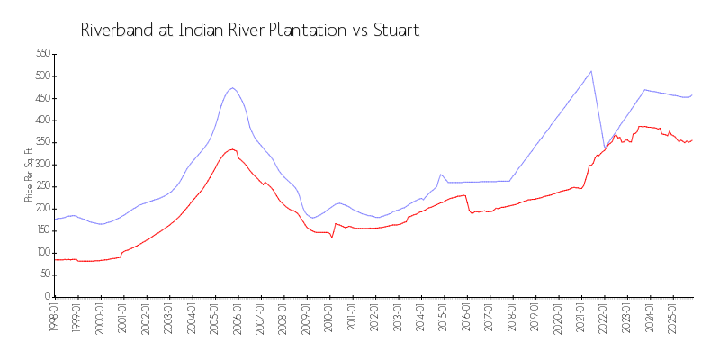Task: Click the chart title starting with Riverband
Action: point(250,30)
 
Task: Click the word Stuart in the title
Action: point(393,30)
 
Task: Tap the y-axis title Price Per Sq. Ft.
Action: point(28,175)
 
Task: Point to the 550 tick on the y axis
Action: point(40,54)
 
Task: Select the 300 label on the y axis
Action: point(40,165)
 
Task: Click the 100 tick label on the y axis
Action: point(40,253)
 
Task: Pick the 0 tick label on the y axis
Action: point(47,297)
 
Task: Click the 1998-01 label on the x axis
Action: point(54,317)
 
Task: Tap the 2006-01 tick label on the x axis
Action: point(237,317)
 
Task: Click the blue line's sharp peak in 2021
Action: point(591,71)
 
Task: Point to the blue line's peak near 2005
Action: point(232,87)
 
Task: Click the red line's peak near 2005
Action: point(232,149)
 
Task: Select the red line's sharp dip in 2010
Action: point(332,238)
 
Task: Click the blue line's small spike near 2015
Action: point(440,174)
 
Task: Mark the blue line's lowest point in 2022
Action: point(605,148)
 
